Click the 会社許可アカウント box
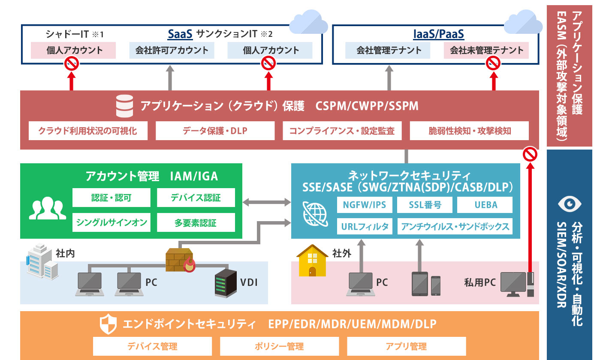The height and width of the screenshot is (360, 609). click(172, 50)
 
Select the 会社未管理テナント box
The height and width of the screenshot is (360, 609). click(486, 50)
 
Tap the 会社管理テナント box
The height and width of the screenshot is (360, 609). click(389, 50)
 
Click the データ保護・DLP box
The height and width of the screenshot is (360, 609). click(215, 131)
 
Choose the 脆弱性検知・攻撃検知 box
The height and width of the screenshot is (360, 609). click(469, 131)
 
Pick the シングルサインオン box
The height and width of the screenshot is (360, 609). click(112, 222)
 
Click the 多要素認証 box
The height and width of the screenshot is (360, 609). click(196, 222)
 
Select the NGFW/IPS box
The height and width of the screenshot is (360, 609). click(365, 205)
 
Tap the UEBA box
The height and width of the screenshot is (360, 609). click(485, 205)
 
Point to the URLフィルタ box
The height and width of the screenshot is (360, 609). click(365, 226)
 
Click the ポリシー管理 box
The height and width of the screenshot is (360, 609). click(279, 346)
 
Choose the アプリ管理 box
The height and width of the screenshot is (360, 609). click(406, 346)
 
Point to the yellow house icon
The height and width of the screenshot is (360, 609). click(312, 260)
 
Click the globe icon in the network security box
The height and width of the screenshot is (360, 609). click(315, 213)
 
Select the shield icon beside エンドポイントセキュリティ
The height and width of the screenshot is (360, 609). click(108, 324)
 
